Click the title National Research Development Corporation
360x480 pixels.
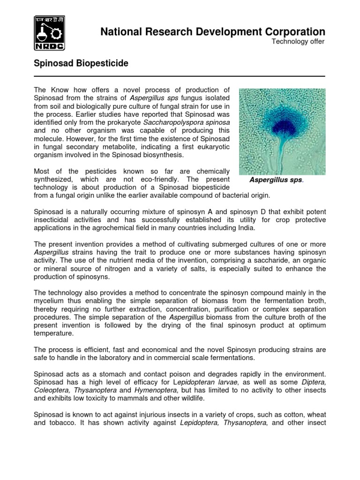[212, 31]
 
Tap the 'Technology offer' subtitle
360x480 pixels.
[298, 42]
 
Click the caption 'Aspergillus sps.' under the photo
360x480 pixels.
[276, 180]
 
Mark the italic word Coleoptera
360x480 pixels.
[51, 391]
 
